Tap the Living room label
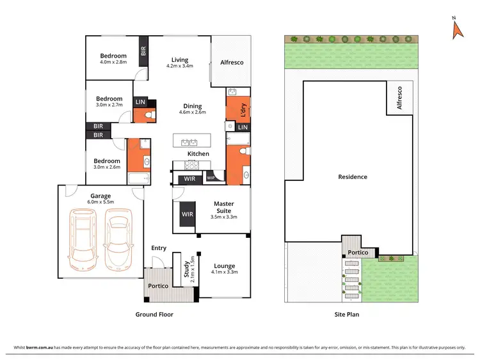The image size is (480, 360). click(179, 60)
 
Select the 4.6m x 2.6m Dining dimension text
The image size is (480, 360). click(192, 113)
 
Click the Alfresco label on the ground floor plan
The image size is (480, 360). click(232, 63)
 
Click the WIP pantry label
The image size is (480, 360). click(211, 178)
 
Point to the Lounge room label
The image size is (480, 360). click(224, 266)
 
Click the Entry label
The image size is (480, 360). click(159, 248)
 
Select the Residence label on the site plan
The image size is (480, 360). click(353, 176)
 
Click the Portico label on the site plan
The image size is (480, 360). click(357, 253)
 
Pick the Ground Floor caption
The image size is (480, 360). click(154, 315)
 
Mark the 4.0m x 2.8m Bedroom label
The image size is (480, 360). click(113, 59)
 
